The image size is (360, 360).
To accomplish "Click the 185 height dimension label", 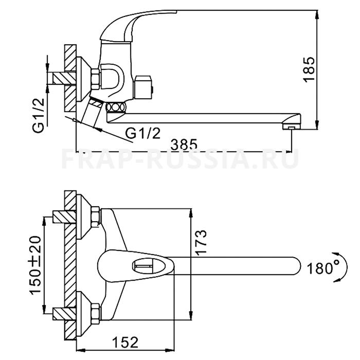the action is coord(309,69).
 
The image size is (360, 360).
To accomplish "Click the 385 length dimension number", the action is coord(184,144).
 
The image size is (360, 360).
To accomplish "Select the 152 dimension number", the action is coord(125,343).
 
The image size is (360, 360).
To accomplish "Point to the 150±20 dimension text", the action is coord(35,264).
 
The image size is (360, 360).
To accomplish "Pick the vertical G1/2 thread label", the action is coord(38,116).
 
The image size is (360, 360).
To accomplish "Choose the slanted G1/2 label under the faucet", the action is coord(143,133).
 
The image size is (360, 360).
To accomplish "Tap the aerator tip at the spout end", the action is coord(292,128).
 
